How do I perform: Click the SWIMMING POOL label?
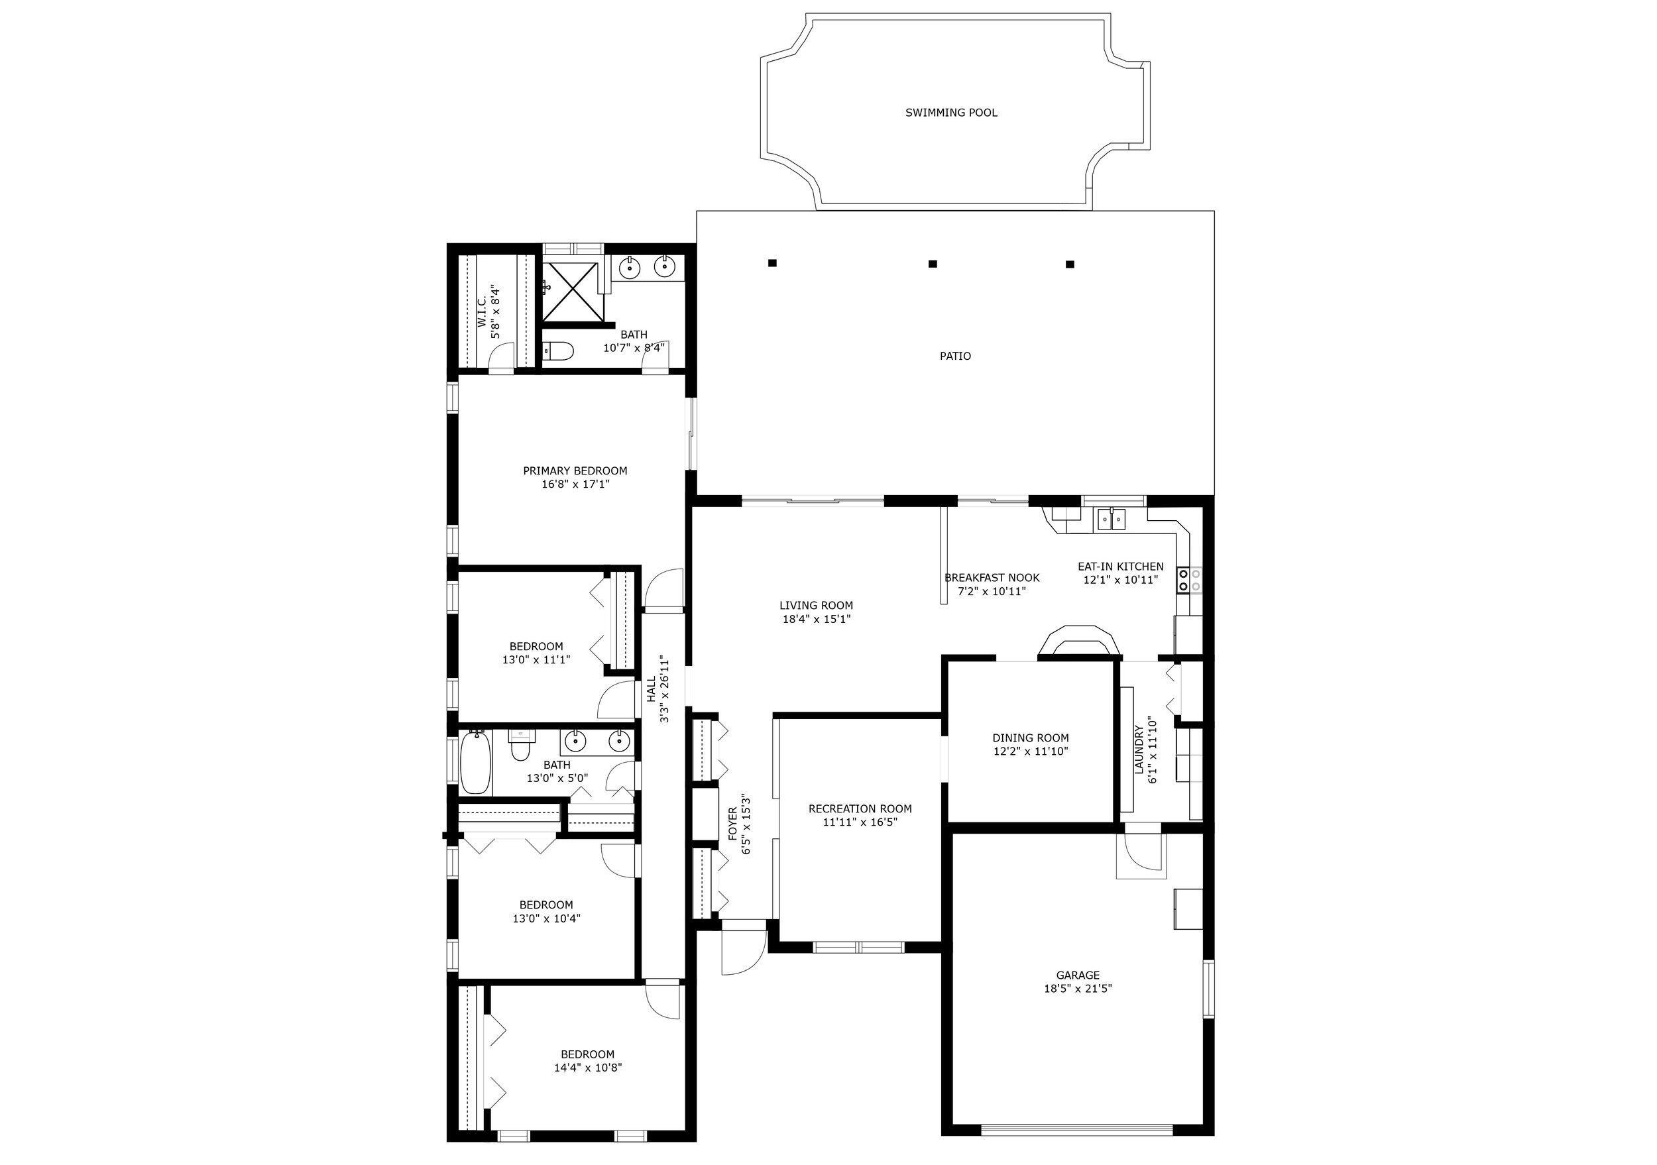click(x=951, y=113)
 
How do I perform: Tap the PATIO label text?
click(x=955, y=356)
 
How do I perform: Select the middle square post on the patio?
click(x=933, y=264)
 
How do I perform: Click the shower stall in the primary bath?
click(x=570, y=292)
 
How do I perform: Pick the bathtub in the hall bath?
click(x=477, y=763)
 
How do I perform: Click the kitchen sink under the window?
click(x=1112, y=519)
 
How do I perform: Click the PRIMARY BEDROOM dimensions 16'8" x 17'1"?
click(x=575, y=484)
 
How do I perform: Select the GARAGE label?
click(x=1078, y=975)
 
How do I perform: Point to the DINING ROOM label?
click(x=1030, y=738)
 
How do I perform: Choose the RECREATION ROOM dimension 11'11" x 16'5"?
click(x=860, y=822)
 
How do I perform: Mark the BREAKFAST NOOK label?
click(x=992, y=578)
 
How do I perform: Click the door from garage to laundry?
click(x=1141, y=857)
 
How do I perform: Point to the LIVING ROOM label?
click(x=815, y=605)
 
